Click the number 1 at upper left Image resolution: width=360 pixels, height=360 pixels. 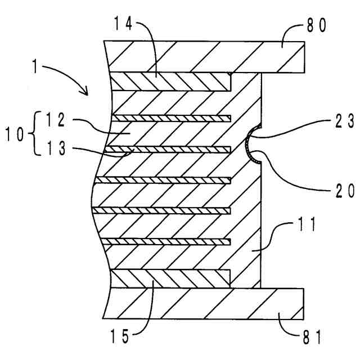(34, 66)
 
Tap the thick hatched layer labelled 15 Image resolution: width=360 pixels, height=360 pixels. (169, 277)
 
